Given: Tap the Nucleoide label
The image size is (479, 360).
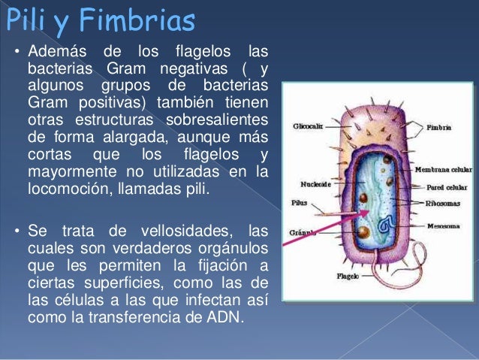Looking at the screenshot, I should tap(308, 183).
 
